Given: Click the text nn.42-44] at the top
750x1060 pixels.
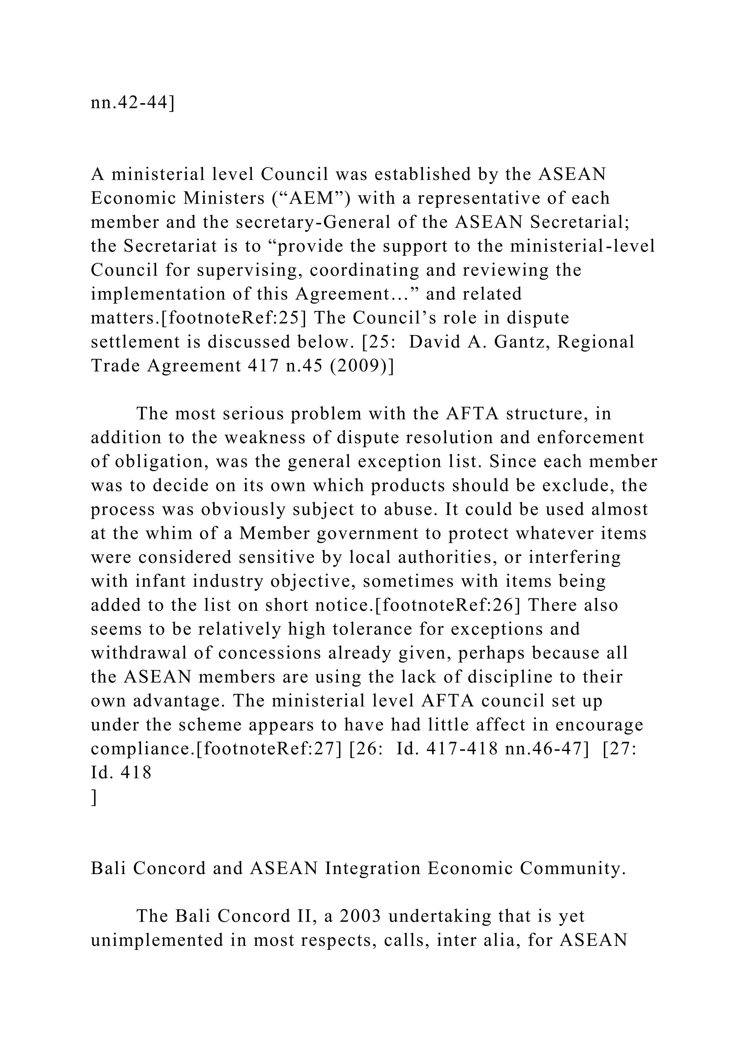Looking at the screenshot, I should [x=133, y=102].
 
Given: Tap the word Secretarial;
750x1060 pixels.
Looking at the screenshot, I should [x=580, y=222].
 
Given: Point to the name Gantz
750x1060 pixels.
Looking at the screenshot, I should [x=528, y=342].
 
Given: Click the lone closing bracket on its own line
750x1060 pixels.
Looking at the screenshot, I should [x=94, y=797].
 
